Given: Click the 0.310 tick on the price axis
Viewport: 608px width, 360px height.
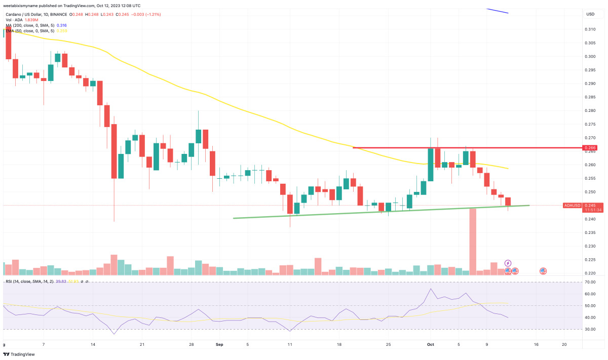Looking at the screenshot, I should coord(590,29).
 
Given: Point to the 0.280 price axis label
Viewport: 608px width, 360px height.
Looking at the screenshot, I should coord(590,110).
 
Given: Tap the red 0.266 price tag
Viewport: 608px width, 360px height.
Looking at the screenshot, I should coord(590,148).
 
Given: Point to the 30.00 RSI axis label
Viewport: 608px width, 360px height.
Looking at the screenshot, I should coord(590,330).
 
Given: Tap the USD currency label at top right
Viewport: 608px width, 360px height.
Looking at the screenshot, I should coord(590,14).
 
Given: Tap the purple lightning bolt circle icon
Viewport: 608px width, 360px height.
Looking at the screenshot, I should coord(508,263).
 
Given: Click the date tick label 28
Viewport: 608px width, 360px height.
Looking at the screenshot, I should coord(191,345).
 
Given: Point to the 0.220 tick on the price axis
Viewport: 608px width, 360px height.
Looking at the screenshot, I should coord(590,273).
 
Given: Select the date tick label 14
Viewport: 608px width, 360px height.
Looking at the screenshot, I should coord(93,345).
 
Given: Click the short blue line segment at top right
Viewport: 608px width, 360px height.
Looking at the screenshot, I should coord(497,11).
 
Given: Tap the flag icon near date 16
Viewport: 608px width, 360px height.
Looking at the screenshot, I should coord(543,271).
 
